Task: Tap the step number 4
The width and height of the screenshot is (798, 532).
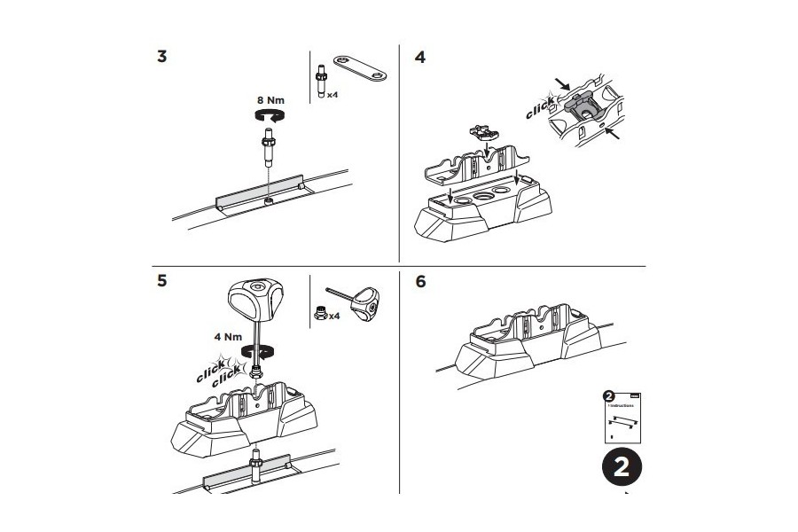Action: tap(420, 58)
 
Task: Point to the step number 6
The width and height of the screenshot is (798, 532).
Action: tap(420, 281)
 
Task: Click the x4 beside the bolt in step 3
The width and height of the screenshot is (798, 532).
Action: tap(332, 93)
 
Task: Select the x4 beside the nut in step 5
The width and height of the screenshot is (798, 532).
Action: tap(333, 315)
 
